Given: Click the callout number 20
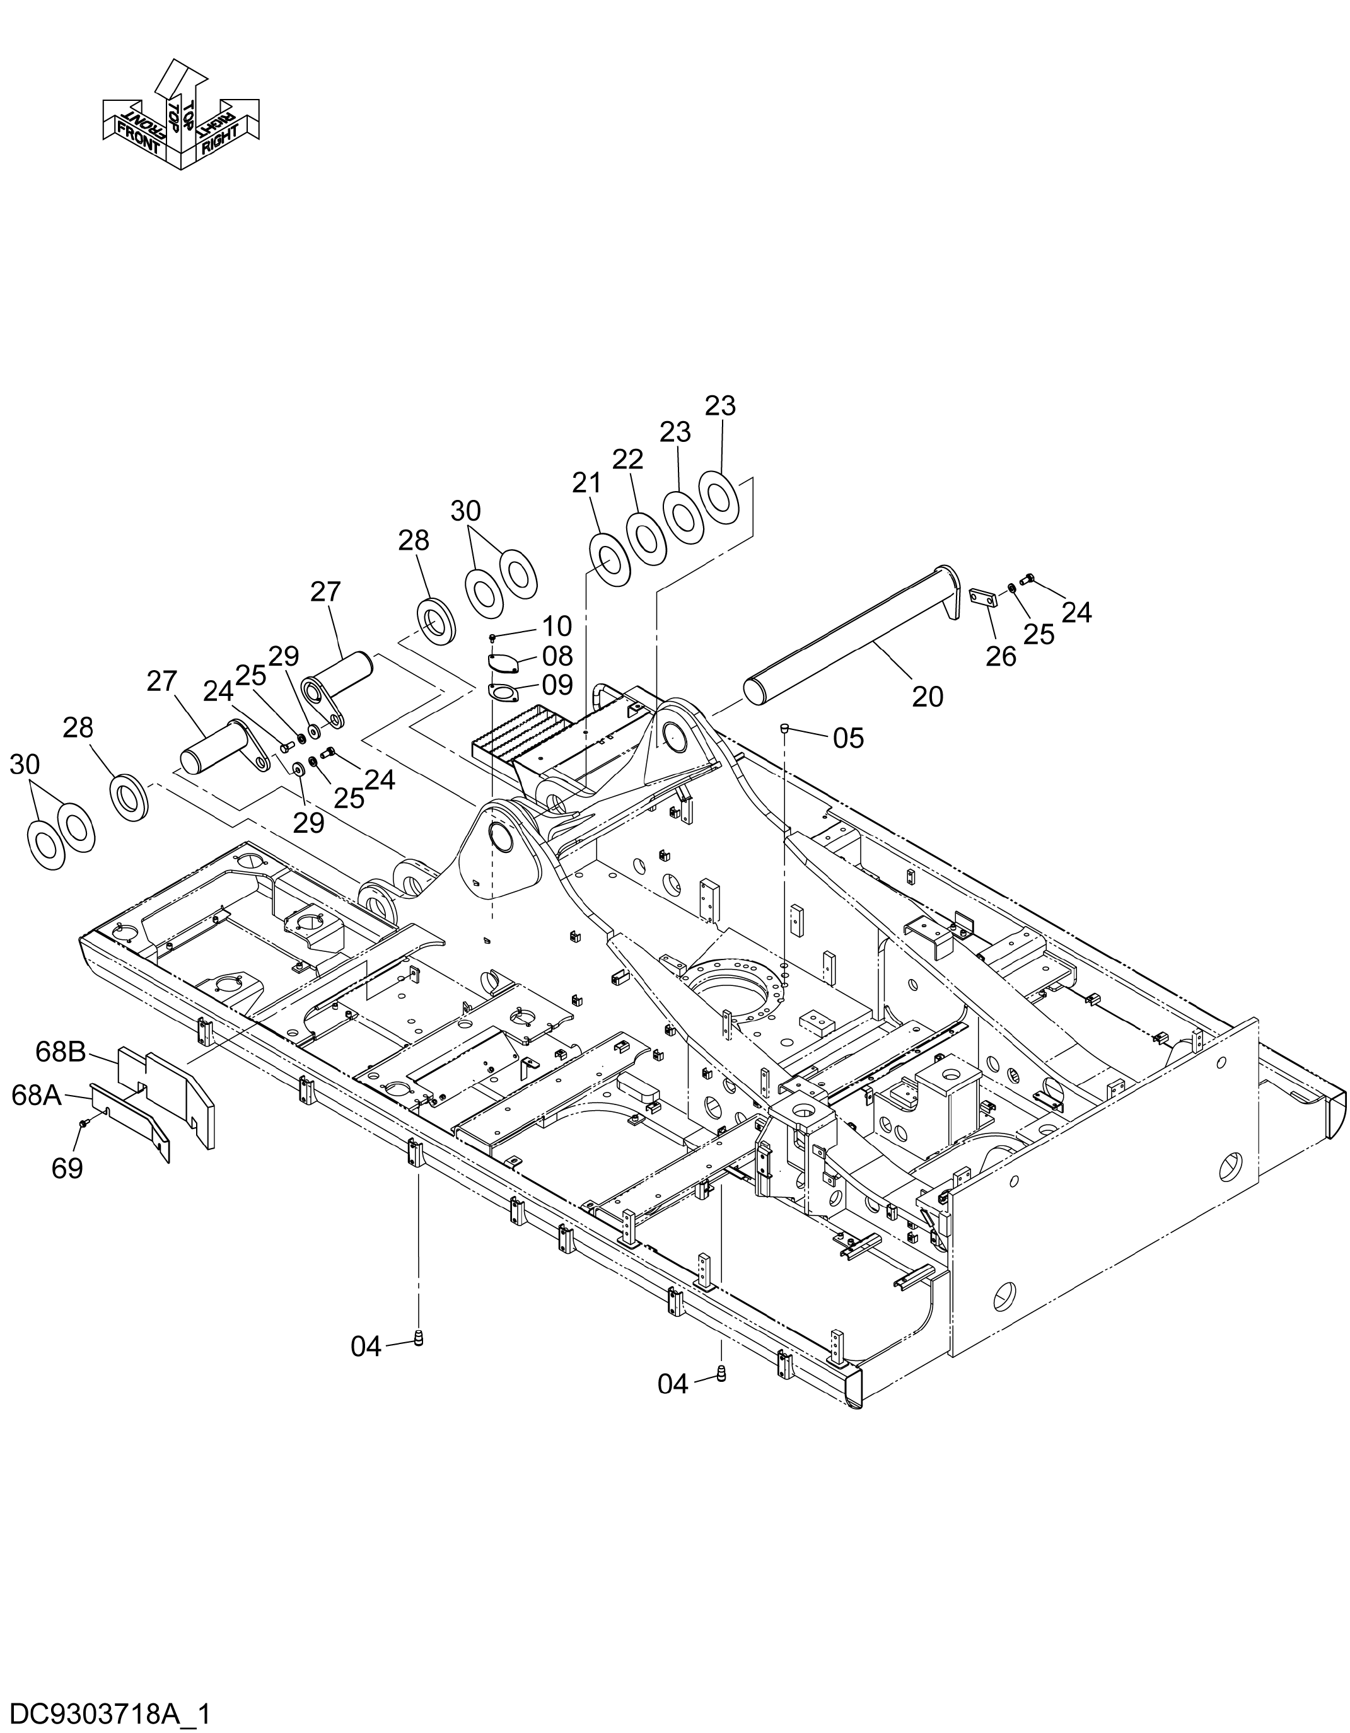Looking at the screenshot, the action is (x=927, y=697).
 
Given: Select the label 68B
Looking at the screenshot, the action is (x=61, y=1052).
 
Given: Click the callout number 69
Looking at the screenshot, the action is (x=67, y=1168).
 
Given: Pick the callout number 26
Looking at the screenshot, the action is (x=1001, y=656).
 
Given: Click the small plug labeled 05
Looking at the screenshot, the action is (x=783, y=727).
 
